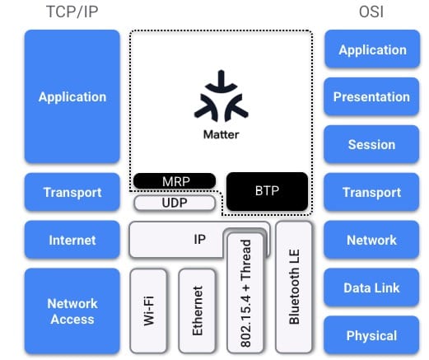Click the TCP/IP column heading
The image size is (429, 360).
(72, 12)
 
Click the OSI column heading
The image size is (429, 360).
(371, 12)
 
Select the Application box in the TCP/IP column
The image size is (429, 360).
(72, 96)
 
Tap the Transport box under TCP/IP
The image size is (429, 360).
(72, 192)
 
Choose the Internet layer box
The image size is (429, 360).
(72, 240)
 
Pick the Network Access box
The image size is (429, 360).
(72, 311)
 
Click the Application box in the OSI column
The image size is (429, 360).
(372, 49)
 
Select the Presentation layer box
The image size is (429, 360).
(371, 96)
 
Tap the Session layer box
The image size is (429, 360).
(371, 144)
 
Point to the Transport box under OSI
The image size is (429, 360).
(371, 192)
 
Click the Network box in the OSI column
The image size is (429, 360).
(371, 240)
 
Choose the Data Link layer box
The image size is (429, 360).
(371, 288)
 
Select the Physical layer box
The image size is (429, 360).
(371, 335)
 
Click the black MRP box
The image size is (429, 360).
(175, 181)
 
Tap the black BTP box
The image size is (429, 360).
(267, 191)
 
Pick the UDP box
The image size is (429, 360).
(175, 203)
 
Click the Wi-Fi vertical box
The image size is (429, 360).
(148, 311)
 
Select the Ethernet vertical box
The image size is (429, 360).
(197, 311)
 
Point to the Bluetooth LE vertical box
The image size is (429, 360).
(294, 287)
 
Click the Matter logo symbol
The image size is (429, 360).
(221, 96)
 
